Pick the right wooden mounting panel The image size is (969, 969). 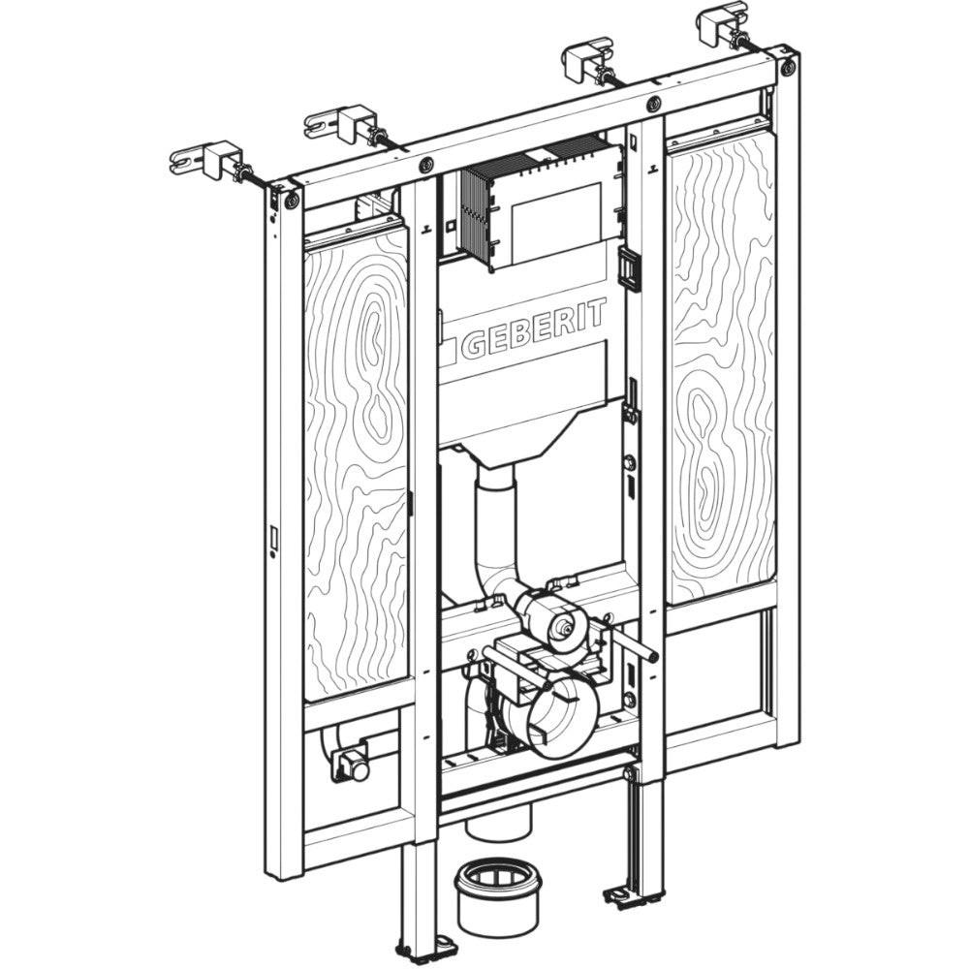pos(722,364)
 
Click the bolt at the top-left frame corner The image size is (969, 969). pos(292,200)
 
